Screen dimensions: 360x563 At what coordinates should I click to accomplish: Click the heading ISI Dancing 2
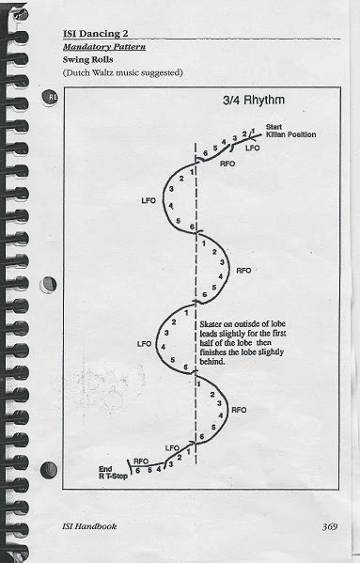pos(96,34)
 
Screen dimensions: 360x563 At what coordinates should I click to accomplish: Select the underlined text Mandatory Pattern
pos(104,47)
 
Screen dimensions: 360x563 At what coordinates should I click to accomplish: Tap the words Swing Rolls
pos(88,59)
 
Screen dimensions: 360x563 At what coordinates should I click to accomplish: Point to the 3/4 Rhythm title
pos(254,101)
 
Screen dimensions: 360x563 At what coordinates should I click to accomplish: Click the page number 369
pos(330,526)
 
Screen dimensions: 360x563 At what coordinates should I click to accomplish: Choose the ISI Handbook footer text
pos(89,526)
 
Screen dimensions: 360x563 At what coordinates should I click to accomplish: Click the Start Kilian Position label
pos(290,131)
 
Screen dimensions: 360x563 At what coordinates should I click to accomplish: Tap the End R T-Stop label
pos(113,473)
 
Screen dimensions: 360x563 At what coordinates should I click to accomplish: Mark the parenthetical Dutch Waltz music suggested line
pos(123,73)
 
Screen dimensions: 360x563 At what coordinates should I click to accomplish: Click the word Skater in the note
pos(209,324)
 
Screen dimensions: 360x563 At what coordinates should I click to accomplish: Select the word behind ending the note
pos(212,362)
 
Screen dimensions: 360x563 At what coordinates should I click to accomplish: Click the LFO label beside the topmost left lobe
pos(149,201)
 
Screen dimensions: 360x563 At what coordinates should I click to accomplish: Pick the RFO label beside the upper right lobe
pos(243,271)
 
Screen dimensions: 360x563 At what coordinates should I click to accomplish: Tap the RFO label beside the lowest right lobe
pos(239,410)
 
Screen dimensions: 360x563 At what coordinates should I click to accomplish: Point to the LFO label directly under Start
pos(252,148)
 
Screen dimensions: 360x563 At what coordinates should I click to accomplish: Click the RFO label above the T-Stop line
pos(141,461)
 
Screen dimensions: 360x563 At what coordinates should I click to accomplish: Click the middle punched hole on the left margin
pos(49,285)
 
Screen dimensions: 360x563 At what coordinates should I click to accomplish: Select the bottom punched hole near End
pos(49,470)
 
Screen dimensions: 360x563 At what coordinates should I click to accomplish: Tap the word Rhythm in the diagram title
pos(264,101)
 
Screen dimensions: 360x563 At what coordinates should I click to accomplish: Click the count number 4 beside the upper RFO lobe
pos(221,276)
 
